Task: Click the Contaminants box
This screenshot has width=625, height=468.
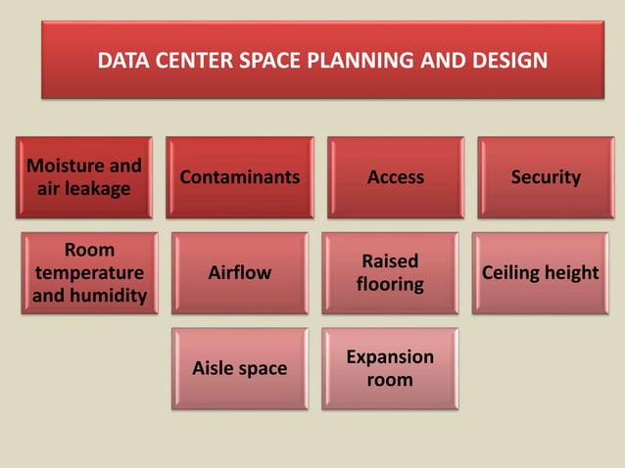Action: [x=240, y=177]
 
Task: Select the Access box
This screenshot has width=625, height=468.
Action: [x=396, y=177]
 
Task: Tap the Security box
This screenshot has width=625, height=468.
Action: [x=546, y=177]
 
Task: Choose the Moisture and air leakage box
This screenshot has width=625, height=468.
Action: [x=83, y=177]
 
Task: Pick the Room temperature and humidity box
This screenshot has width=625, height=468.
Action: [x=89, y=272]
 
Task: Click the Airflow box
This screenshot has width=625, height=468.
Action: [x=240, y=273]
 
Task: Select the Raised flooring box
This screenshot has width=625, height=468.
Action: [x=390, y=273]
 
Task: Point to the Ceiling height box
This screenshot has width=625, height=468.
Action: [x=540, y=273]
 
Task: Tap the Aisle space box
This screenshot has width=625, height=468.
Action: [x=240, y=368]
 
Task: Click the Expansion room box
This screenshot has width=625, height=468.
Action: [x=390, y=368]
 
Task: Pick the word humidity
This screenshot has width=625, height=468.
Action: [x=90, y=296]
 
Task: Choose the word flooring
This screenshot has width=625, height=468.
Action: [x=390, y=285]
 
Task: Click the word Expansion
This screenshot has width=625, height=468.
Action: [x=390, y=356]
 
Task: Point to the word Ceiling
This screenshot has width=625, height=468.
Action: [x=510, y=273]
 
